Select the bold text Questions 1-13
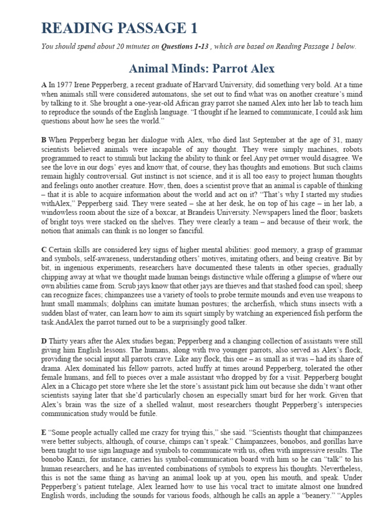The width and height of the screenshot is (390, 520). pyautogui.click(x=185, y=47)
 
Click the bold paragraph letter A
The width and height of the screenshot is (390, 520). pyautogui.click(x=44, y=85)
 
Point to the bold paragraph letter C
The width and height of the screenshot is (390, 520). pyautogui.click(x=44, y=249)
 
